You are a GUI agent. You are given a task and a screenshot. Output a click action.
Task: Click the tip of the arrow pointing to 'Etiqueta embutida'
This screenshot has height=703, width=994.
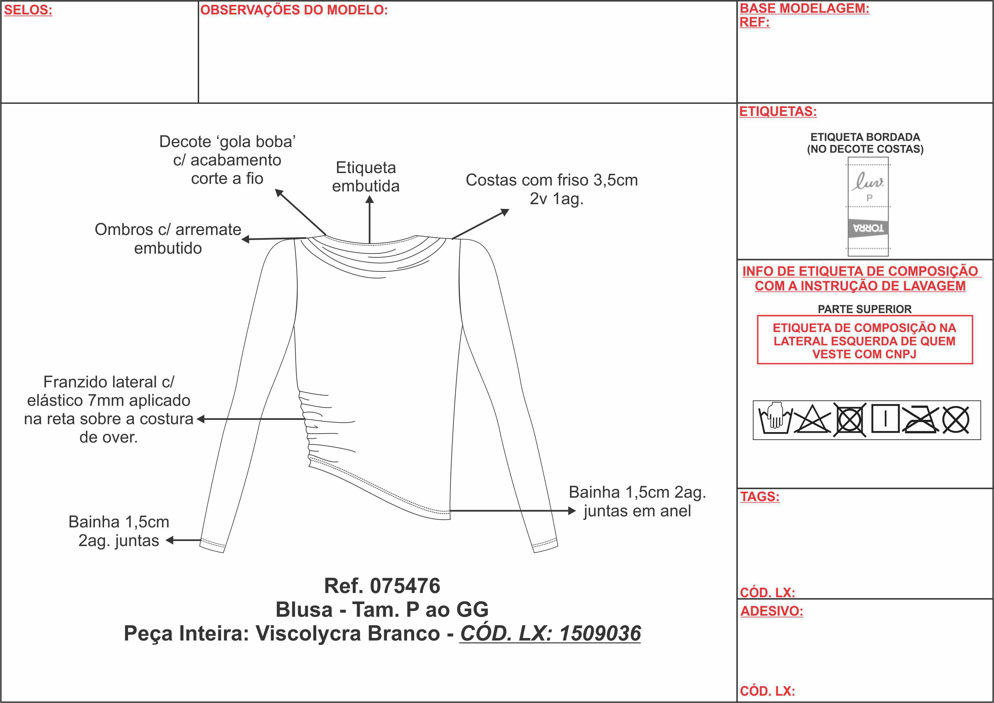point(369,196)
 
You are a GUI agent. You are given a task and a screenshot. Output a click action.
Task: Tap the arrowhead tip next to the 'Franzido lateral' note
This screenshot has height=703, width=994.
point(197,419)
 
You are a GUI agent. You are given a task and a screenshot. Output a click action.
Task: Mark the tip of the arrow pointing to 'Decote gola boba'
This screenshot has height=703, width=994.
point(275,189)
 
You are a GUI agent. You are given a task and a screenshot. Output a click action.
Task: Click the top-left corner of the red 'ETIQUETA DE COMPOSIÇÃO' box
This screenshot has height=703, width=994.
point(757,316)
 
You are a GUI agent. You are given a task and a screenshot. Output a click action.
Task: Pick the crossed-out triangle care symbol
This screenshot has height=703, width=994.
point(812,419)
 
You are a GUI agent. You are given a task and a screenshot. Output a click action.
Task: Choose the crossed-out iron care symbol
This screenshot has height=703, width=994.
point(920,419)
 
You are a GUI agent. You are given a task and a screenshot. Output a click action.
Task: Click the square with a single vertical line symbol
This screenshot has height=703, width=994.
point(885,419)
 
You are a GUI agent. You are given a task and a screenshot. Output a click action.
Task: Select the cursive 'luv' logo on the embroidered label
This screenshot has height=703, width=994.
point(867,181)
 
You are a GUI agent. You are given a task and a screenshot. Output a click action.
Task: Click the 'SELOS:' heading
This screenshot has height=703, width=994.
point(28,10)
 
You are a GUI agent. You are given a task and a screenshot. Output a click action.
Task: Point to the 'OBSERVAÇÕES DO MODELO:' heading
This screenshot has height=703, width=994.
point(294,10)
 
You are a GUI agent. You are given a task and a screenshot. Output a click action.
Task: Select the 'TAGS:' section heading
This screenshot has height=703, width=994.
point(760,497)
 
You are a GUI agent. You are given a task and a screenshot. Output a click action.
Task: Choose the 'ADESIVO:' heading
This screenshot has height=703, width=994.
point(771,611)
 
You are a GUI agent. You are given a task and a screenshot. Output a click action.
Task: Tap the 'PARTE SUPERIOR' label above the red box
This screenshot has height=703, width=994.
point(864,309)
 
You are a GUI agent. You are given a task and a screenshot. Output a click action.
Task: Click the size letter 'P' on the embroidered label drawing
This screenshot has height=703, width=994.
point(869,198)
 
